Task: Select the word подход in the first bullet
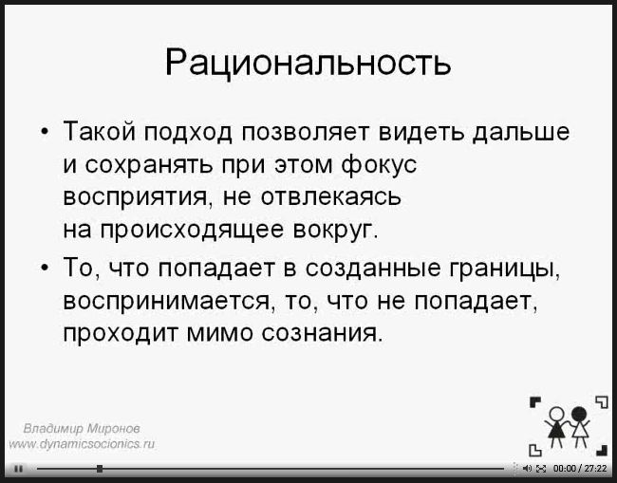coord(189,132)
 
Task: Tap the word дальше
coord(521,132)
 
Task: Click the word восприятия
coord(135,197)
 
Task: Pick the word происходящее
coord(192,230)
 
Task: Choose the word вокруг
coord(336,231)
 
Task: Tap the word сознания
coord(322,334)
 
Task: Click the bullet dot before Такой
coord(47,132)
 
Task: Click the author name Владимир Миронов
coord(82,428)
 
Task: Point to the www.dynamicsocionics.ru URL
coord(82,444)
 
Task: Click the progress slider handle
coord(100,469)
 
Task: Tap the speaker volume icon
coord(528,469)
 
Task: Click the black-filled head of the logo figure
coord(579,414)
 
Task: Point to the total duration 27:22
coord(596,469)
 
